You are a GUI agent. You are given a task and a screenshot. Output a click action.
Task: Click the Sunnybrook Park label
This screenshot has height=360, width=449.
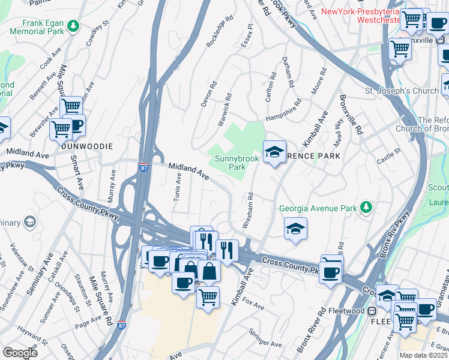click(x=230, y=163)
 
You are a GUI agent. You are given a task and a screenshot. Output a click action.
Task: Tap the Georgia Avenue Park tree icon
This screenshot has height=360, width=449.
click(x=366, y=208)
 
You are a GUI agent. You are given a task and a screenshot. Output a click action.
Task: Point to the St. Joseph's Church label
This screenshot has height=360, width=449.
click(x=402, y=91)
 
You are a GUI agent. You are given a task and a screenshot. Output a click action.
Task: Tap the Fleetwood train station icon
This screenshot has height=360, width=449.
click(x=372, y=311)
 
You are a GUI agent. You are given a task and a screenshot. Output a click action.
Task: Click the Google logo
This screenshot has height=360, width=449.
click(x=20, y=353)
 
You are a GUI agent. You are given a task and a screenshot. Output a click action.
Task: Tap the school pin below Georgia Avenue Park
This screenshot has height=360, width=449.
click(x=295, y=229)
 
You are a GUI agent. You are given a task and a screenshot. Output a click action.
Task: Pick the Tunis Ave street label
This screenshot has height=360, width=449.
click(x=178, y=189)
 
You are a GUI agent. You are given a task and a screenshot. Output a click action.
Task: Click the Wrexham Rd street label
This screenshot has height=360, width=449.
click(x=248, y=210)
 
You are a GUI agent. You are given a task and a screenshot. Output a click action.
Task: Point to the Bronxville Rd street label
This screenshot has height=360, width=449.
click(x=351, y=114)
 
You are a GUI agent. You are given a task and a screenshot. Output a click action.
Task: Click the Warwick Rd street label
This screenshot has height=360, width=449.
click(x=224, y=109)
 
